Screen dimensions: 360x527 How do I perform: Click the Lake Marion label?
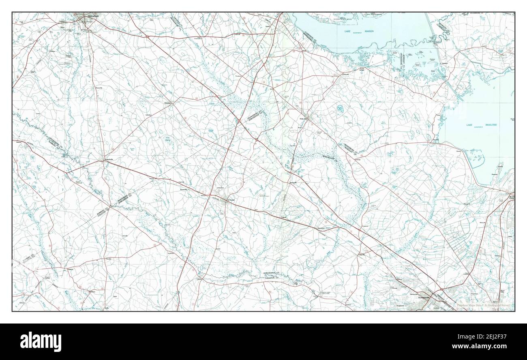(362, 31)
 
